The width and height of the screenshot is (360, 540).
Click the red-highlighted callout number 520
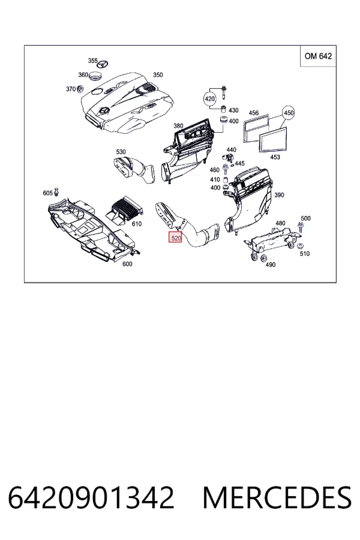click(175, 238)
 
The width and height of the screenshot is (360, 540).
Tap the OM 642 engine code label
click(318, 56)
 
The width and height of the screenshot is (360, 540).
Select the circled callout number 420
click(210, 99)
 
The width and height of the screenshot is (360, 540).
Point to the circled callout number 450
click(289, 113)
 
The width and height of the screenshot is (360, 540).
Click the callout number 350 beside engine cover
click(158, 75)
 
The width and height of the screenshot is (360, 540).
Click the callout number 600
click(127, 264)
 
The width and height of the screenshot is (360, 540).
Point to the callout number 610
click(137, 224)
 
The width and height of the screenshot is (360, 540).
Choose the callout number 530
click(121, 152)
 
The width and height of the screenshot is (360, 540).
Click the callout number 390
click(279, 195)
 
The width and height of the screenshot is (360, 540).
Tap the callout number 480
click(280, 223)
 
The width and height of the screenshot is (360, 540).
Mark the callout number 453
click(275, 157)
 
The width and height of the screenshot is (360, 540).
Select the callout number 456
click(254, 113)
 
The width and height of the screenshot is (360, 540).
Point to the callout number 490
click(271, 265)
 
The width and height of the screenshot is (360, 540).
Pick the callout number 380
click(178, 126)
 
